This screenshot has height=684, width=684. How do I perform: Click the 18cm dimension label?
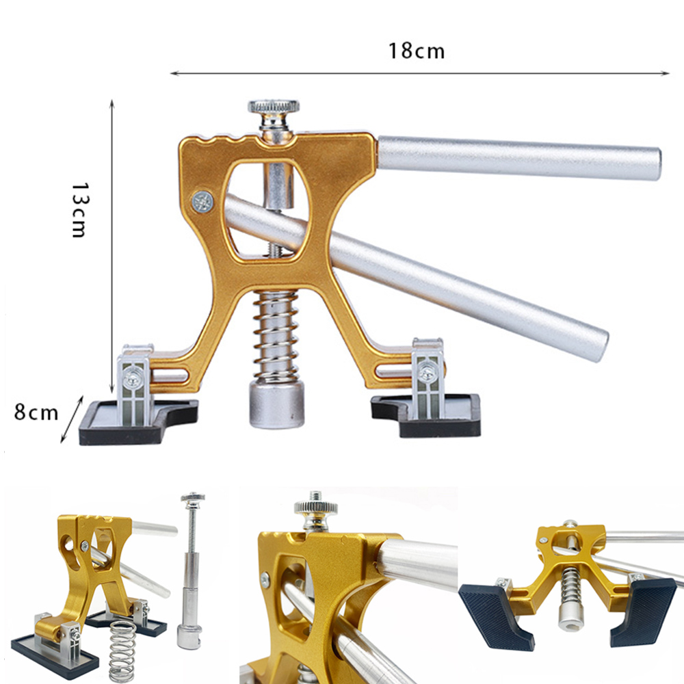tap(417, 51)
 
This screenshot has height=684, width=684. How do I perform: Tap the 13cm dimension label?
tap(80, 210)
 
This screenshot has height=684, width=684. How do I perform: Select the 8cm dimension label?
tap(36, 412)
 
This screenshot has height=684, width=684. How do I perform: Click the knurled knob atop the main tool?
tap(274, 107)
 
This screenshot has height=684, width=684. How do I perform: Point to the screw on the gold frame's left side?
tap(202, 202)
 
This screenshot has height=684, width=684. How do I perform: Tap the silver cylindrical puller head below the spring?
tap(276, 404)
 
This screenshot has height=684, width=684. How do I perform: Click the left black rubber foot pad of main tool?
tap(137, 422)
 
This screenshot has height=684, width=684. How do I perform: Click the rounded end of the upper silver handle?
tap(655, 164)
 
